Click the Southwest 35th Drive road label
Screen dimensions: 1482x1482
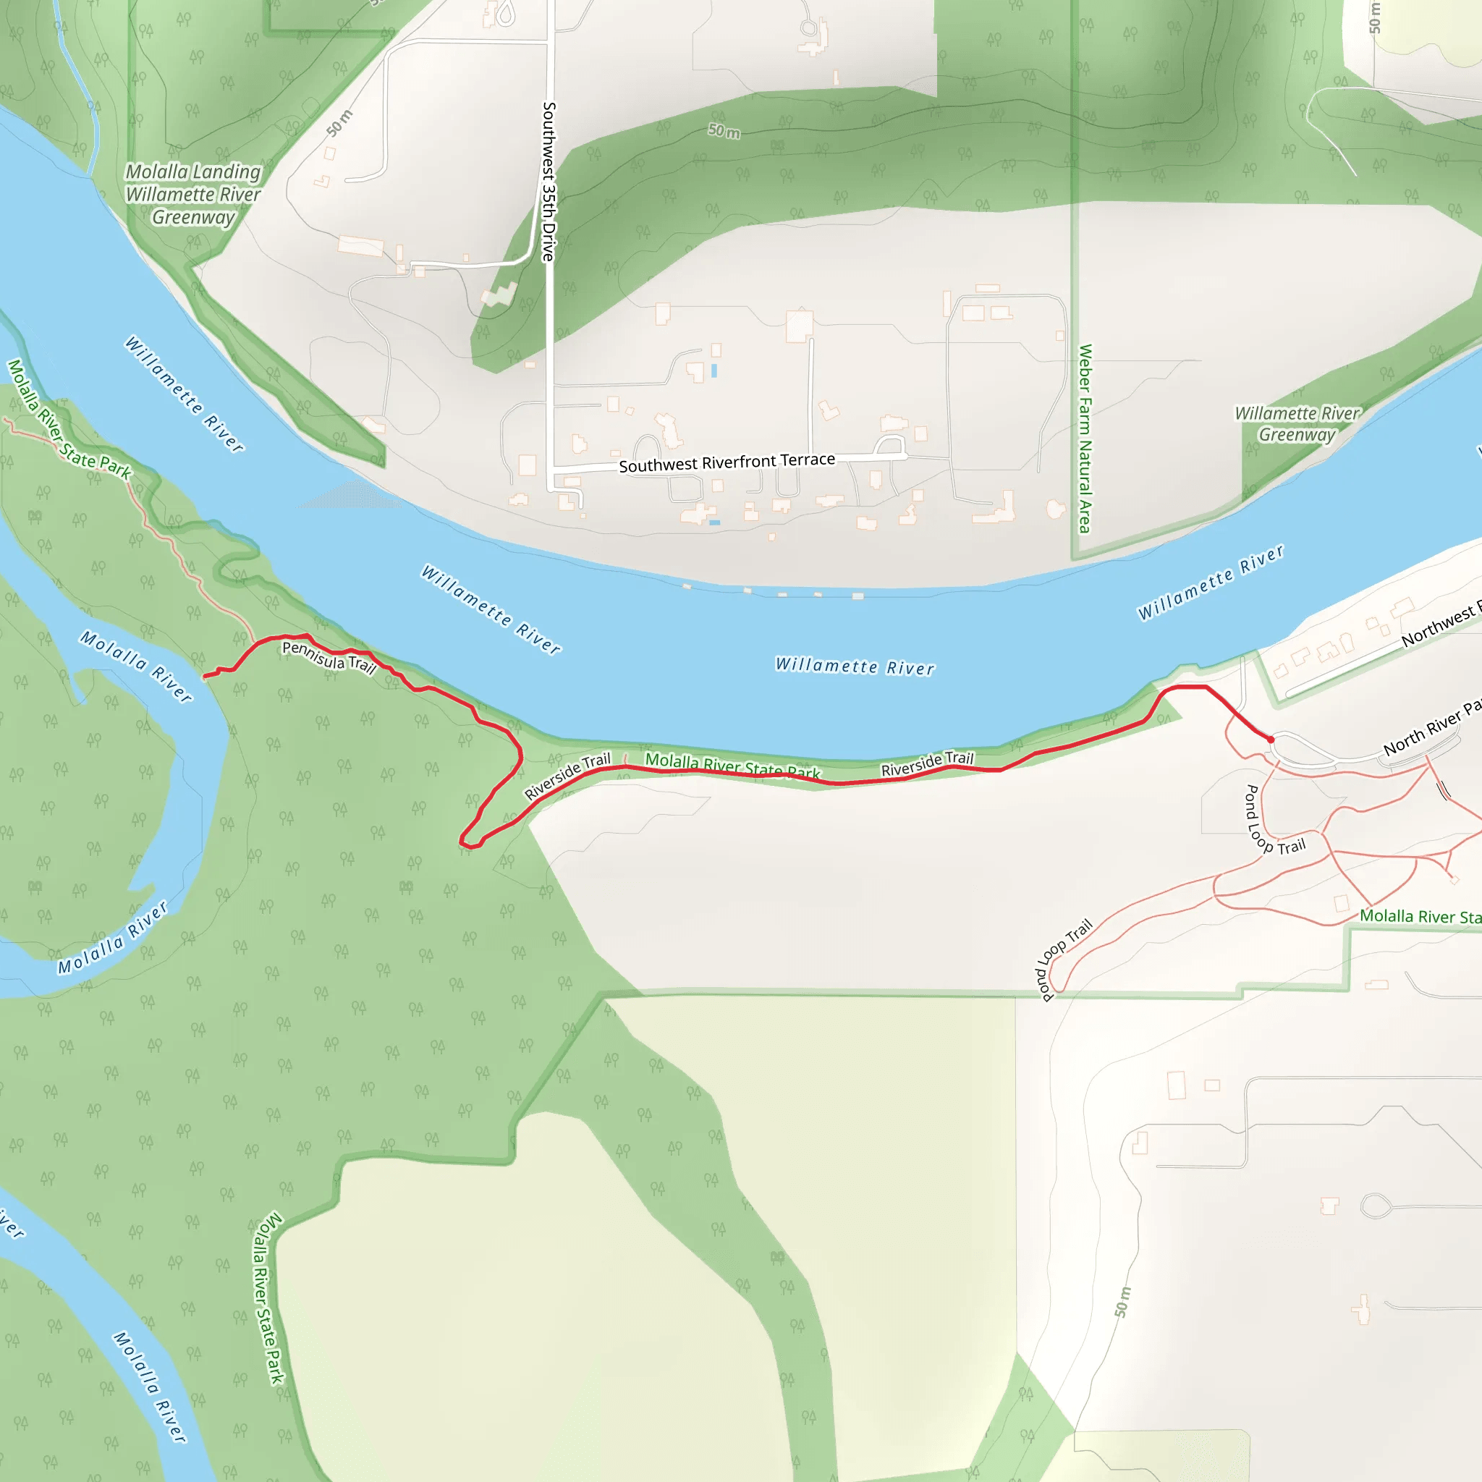point(549,182)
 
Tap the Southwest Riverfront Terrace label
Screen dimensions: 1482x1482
point(727,462)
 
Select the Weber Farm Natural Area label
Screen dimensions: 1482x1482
point(1085,438)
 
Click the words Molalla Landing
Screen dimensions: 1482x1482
point(193,172)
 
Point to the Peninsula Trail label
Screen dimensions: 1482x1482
point(329,657)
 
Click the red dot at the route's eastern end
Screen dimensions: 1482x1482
point(1271,740)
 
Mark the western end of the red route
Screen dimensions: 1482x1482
point(205,677)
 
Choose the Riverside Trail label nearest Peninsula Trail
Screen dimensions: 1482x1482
point(567,776)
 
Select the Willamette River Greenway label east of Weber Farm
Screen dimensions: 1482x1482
point(1296,424)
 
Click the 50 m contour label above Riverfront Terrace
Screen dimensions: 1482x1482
point(724,131)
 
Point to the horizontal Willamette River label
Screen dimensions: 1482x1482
point(855,666)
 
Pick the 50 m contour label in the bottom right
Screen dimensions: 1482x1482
point(1122,1302)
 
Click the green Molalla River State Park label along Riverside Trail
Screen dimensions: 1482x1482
point(732,765)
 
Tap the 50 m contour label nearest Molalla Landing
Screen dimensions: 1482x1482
point(339,124)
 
